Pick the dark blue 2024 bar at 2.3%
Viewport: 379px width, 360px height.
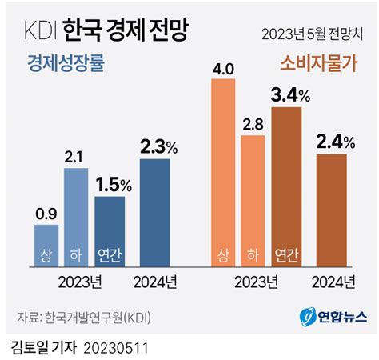[x=154, y=212]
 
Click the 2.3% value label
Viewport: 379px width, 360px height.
[x=156, y=146]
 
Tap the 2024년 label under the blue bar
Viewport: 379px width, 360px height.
[x=155, y=282]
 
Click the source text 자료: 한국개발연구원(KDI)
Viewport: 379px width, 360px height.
[x=84, y=318]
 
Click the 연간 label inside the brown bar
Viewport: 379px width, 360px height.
[x=286, y=255]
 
